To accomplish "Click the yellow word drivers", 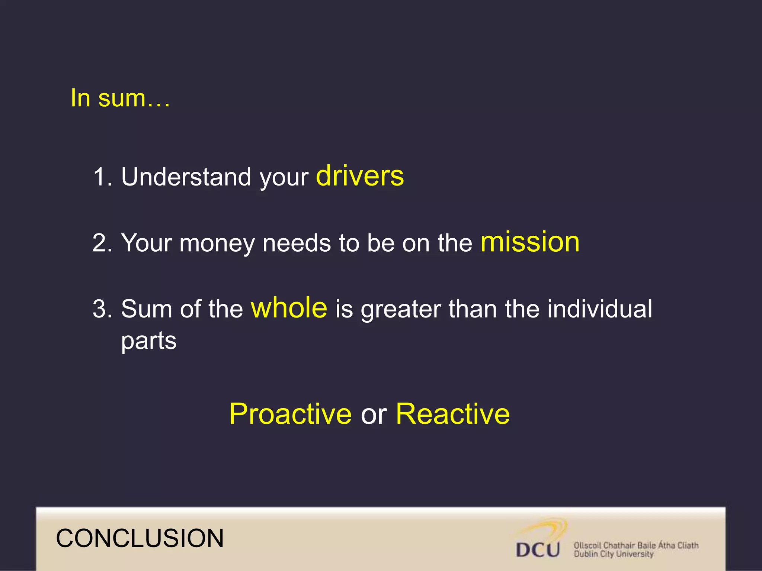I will (x=359, y=176).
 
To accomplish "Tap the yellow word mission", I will (x=530, y=242).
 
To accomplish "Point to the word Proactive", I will (x=290, y=414).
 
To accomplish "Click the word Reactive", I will (x=452, y=414).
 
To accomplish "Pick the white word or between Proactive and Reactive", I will (x=374, y=414).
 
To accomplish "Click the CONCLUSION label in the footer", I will (x=140, y=538).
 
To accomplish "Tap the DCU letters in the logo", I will (x=538, y=549).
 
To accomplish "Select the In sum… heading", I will (x=120, y=98).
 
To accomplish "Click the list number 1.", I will (x=101, y=177).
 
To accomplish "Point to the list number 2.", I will (x=101, y=243).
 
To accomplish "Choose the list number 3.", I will (x=101, y=309).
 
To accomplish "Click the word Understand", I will (x=186, y=177).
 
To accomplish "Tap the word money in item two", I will (x=218, y=243).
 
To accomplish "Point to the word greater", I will (x=400, y=310).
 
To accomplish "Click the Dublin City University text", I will (x=613, y=554).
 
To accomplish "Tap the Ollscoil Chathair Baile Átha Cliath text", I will (x=636, y=545).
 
